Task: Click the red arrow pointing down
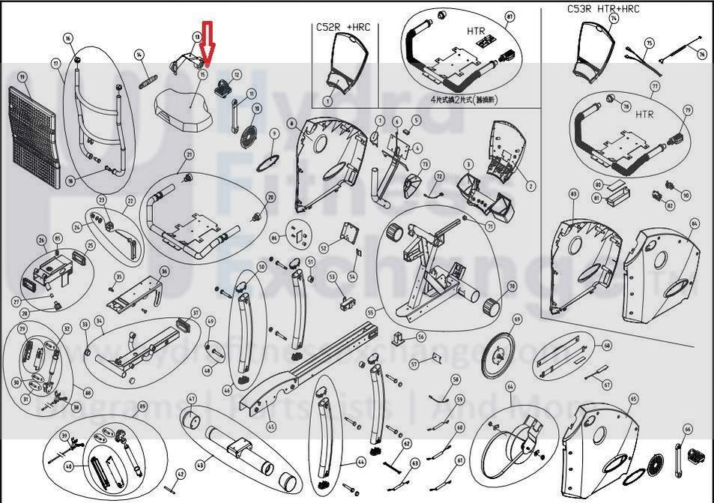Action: (209, 43)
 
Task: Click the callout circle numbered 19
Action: (22, 77)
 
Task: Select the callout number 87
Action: (510, 16)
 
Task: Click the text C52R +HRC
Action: (343, 28)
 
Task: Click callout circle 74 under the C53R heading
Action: (614, 18)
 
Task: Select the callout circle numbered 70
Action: (512, 286)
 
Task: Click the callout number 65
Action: (633, 399)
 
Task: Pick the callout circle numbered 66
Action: (688, 430)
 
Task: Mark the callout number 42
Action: (181, 473)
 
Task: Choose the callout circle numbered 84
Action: (695, 223)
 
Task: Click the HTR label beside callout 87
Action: (476, 32)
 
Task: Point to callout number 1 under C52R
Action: (327, 100)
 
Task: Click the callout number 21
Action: (190, 155)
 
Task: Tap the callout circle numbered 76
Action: (701, 53)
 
